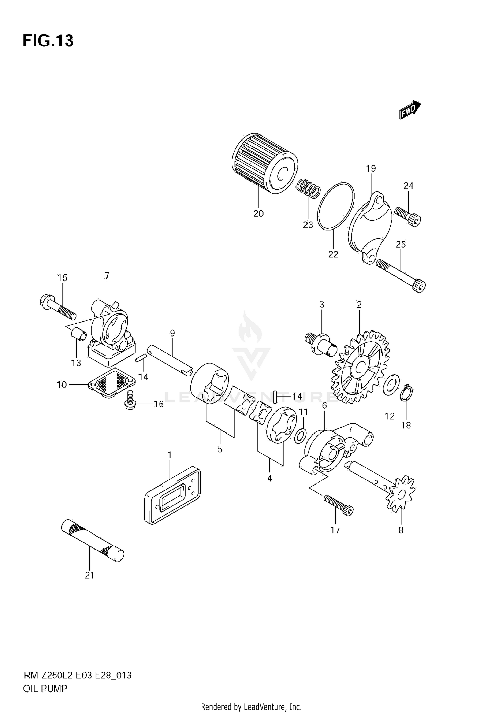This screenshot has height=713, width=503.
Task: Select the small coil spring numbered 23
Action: pos(308,189)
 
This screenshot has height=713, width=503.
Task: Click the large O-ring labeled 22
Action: pos(336,206)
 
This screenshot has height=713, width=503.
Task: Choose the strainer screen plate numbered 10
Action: pos(112,383)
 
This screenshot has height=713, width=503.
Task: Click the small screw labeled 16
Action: pos(129,401)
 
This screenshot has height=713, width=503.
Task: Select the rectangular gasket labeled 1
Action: pos(173,495)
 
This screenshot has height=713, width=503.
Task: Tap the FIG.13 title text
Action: pos(48,41)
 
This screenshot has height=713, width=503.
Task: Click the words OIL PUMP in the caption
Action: pos(45,689)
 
